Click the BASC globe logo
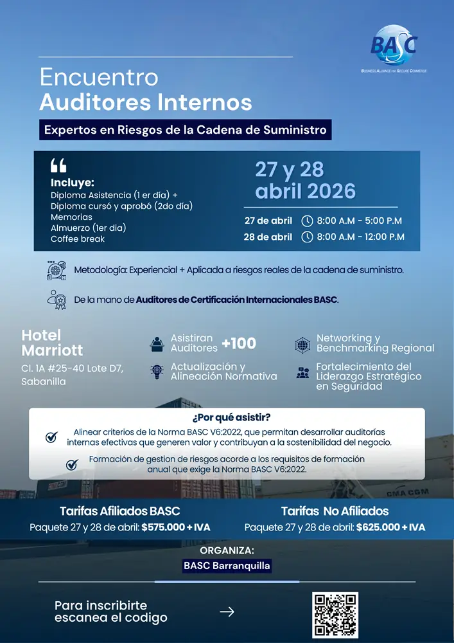coord(394,46)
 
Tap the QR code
coord(335,615)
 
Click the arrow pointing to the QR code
coord(227,612)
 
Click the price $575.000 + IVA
coord(175,527)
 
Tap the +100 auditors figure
coord(239,343)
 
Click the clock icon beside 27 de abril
coord(307,221)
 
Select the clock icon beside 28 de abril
coord(307,237)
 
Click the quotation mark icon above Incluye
coord(58,166)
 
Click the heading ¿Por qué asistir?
coord(227,418)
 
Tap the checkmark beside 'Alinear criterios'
coord(51,437)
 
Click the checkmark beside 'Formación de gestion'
coord(72,464)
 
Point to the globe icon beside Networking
coord(303,344)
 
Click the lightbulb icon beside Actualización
coord(157,372)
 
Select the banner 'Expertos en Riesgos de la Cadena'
coord(186,130)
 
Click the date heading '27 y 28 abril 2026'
coord(305,180)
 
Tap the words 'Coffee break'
coord(78,239)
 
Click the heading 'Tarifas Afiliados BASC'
coord(120,512)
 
